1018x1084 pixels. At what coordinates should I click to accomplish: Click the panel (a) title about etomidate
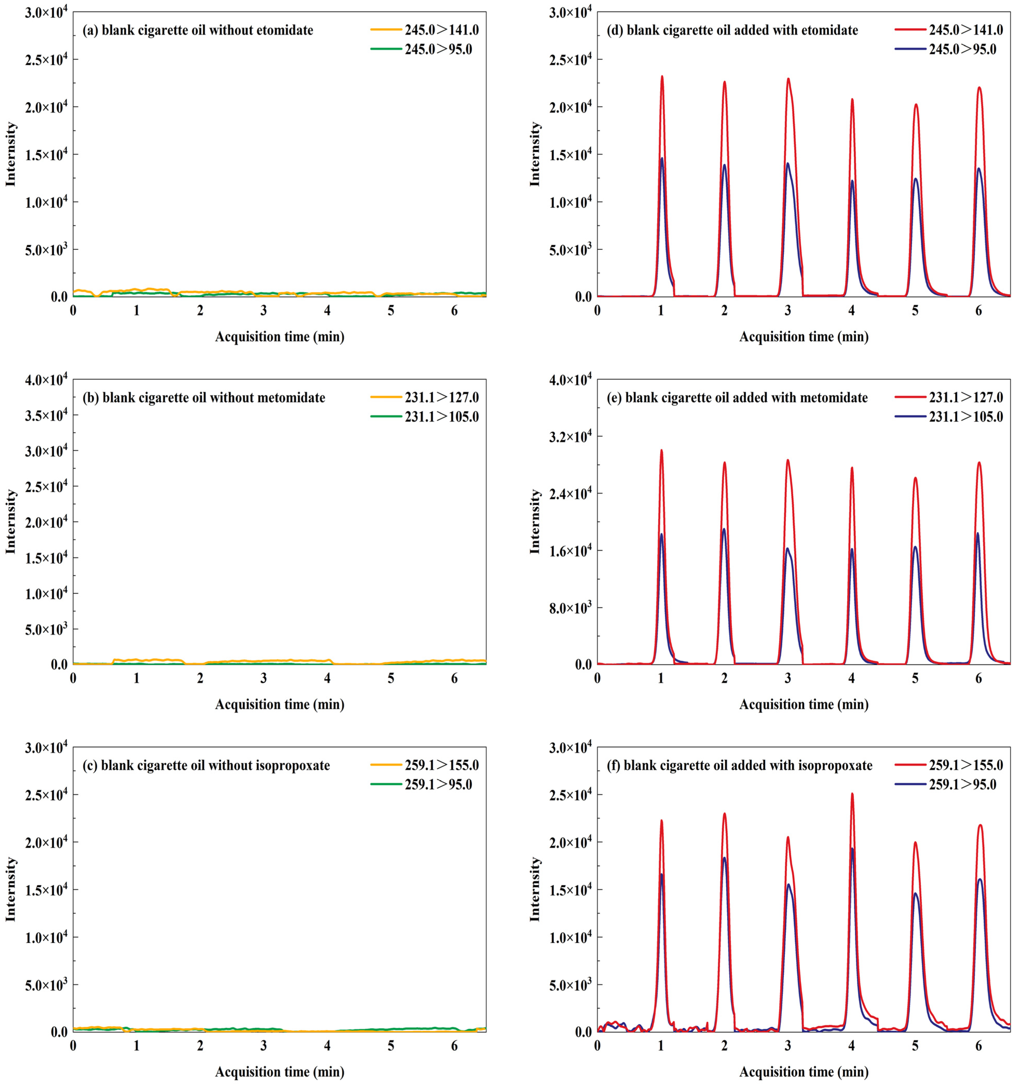197,30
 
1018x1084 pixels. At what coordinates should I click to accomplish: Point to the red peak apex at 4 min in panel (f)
852,794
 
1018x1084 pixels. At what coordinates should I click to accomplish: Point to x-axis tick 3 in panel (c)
263,1046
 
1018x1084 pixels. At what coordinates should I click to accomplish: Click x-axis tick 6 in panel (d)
979,311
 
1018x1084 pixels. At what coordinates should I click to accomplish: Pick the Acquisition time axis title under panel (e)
804,704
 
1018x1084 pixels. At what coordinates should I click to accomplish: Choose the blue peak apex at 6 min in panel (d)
979,168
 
